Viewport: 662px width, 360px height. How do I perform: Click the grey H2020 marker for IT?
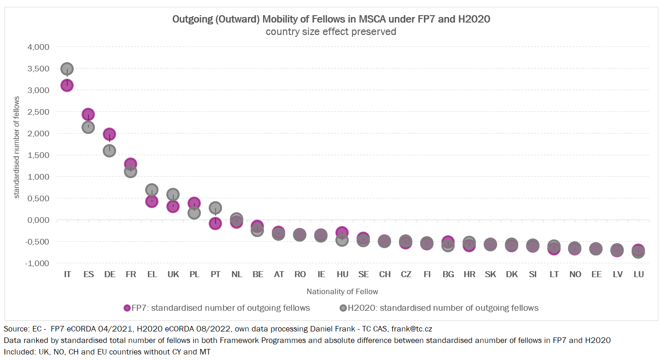pos(67,69)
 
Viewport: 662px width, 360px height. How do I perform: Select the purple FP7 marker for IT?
pos(67,85)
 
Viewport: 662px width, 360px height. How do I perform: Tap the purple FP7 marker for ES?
pos(88,114)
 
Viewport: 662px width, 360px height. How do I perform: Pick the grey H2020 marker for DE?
pos(109,151)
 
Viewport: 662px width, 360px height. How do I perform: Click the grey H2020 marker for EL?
pos(152,190)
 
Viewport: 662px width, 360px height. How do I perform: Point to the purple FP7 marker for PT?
pos(215,223)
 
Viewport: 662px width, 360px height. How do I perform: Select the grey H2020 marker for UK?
pos(173,194)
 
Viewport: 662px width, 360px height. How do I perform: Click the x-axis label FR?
pos(130,274)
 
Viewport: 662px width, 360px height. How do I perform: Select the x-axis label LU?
pos(639,274)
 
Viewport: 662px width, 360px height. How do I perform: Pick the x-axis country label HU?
pos(342,274)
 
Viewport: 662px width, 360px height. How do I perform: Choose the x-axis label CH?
pos(385,274)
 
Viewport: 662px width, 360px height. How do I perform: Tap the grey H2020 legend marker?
pos(343,308)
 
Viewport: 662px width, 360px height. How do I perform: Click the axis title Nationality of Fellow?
pos(342,291)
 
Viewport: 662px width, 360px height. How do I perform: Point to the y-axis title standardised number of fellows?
pos(17,147)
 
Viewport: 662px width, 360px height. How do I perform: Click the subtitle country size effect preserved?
pos(331,32)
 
